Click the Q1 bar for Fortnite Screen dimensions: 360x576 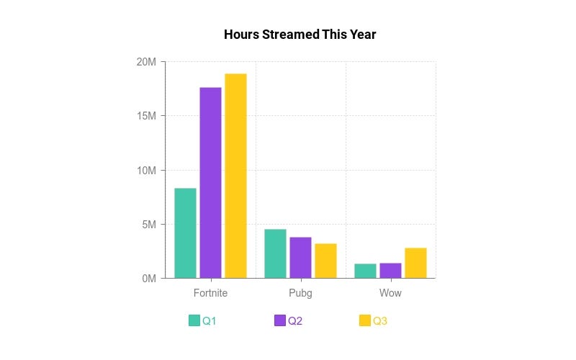[x=185, y=233]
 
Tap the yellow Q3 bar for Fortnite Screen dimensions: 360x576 [x=235, y=176]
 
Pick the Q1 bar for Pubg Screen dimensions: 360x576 [x=275, y=253]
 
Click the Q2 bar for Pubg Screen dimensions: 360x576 [x=300, y=257]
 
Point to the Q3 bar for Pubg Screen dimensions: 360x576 [x=325, y=261]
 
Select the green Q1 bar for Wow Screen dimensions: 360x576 [x=365, y=271]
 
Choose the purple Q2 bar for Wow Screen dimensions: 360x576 [x=390, y=270]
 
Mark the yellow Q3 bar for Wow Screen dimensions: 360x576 [x=415, y=263]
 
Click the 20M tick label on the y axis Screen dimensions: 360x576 [x=146, y=62]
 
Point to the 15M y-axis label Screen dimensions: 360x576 [x=146, y=116]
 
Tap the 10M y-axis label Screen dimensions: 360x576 [x=146, y=171]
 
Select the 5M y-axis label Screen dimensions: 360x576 [x=148, y=225]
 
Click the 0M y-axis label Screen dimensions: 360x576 [x=148, y=279]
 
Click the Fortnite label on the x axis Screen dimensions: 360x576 [x=210, y=293]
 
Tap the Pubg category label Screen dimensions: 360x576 [x=300, y=293]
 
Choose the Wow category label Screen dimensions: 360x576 [x=390, y=293]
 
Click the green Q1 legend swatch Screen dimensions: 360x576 [x=194, y=320]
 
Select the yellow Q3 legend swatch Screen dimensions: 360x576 [x=365, y=320]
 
